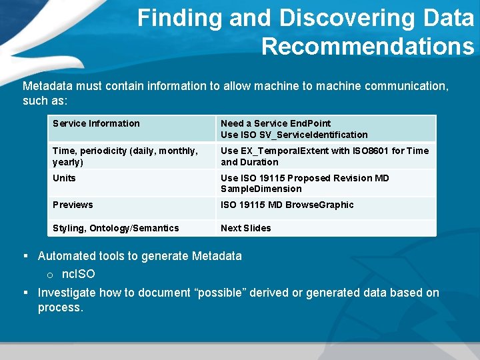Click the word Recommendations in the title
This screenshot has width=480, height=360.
click(x=367, y=46)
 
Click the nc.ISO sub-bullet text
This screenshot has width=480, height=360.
click(x=78, y=274)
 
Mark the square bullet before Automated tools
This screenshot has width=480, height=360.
click(x=26, y=256)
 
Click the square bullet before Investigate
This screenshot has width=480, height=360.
click(x=26, y=293)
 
